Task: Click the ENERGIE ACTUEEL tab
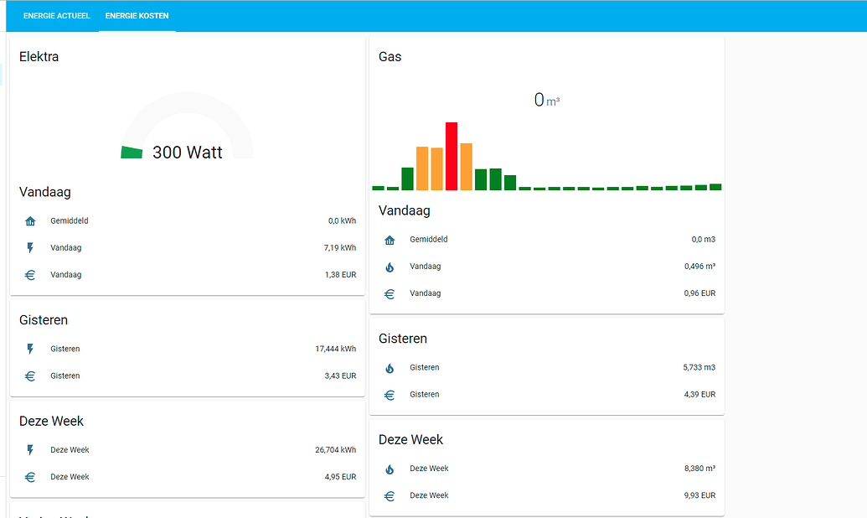click(56, 16)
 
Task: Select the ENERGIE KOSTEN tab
click(137, 16)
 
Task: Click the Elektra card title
click(39, 57)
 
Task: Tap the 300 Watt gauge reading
click(188, 153)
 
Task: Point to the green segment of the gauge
click(132, 152)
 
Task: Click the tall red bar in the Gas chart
click(452, 156)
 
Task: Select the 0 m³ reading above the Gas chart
click(546, 100)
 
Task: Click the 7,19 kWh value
click(339, 248)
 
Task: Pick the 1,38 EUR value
click(340, 275)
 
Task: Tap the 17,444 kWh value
click(335, 349)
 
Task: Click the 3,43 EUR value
click(340, 376)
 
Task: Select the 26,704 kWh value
click(335, 450)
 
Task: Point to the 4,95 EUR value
click(340, 477)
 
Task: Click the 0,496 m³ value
click(699, 267)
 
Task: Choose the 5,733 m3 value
click(699, 367)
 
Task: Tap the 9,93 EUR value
click(699, 495)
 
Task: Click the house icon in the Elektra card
click(30, 221)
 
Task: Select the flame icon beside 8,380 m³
click(390, 469)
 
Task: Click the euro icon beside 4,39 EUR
click(390, 395)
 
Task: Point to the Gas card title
click(390, 57)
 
